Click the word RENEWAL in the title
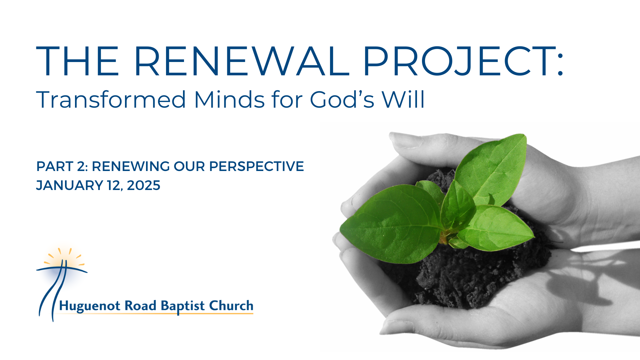click(241, 62)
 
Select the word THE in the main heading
click(77, 62)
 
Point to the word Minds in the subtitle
click(229, 100)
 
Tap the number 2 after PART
click(82, 166)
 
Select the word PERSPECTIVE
click(256, 166)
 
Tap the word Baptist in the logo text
click(183, 306)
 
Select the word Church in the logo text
click(231, 306)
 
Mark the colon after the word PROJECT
click(560, 62)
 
